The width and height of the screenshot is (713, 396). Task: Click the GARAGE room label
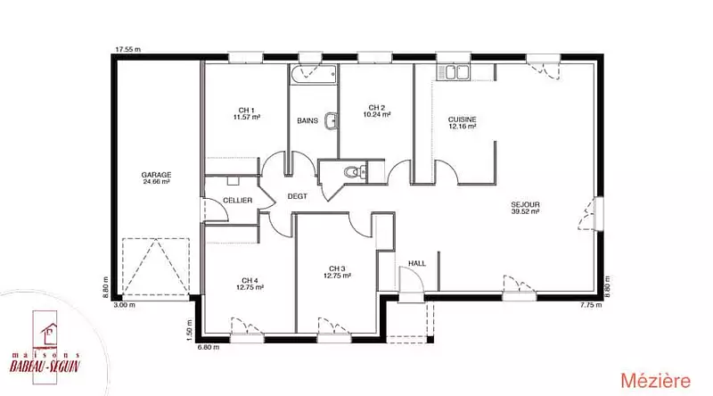156,175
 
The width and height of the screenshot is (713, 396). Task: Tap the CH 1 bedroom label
247,111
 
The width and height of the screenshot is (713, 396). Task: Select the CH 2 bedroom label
376,108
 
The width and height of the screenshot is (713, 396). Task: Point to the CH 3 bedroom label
337,268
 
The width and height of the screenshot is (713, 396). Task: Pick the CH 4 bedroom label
250,280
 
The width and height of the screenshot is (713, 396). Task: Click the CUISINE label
462,120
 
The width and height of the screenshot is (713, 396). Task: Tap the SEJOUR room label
525,205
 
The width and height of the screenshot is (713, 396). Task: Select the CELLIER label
237,201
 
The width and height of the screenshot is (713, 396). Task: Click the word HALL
417,263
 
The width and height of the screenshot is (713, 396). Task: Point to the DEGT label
298,196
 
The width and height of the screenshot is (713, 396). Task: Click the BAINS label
307,120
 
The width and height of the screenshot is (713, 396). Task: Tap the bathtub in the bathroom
314,74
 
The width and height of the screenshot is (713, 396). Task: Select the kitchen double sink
453,72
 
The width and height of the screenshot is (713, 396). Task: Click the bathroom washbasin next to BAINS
332,120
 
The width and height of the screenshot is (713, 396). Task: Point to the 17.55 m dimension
127,49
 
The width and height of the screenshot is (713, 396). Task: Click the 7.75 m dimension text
591,305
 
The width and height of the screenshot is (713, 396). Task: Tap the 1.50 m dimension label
190,327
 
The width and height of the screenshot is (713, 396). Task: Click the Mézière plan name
656,381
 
